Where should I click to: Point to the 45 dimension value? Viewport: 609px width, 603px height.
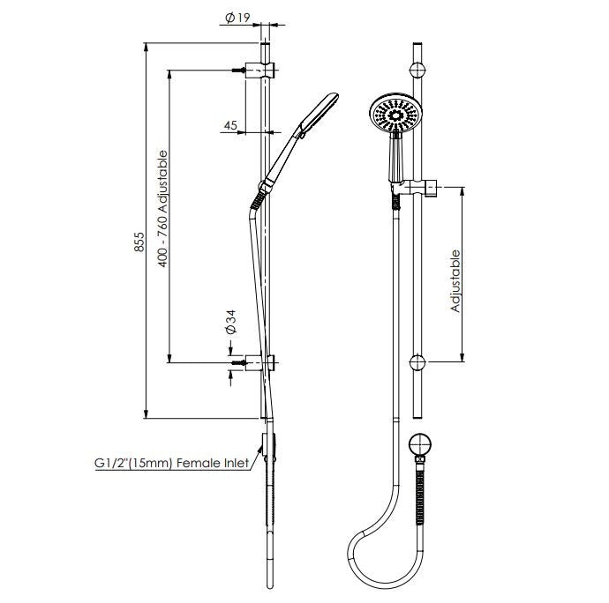(x=229, y=125)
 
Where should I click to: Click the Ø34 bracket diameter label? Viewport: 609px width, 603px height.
(x=231, y=322)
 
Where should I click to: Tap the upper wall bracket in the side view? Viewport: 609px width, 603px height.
(x=263, y=70)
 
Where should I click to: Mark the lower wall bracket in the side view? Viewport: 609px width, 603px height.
(x=263, y=362)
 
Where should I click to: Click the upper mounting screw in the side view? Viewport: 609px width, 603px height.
(x=238, y=70)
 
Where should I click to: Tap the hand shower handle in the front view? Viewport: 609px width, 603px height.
(x=395, y=161)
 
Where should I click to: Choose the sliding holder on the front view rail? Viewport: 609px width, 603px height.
(x=415, y=187)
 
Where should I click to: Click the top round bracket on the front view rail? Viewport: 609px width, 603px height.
(x=419, y=70)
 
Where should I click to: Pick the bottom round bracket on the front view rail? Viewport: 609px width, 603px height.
(x=419, y=361)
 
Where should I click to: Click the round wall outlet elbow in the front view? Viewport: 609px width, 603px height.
(x=421, y=446)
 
